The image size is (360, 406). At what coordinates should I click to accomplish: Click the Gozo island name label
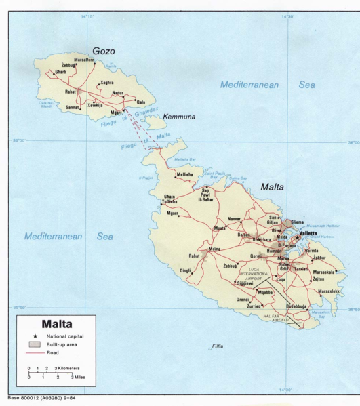(x=104, y=52)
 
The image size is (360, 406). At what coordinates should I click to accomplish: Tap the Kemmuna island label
(x=179, y=117)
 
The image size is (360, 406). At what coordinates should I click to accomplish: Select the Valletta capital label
(x=308, y=233)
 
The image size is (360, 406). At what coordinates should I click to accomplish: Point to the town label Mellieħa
(x=184, y=175)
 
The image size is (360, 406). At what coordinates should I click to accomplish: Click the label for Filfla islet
(x=217, y=346)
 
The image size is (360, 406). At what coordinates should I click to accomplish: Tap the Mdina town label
(x=215, y=249)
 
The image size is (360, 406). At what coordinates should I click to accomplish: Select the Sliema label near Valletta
(x=298, y=222)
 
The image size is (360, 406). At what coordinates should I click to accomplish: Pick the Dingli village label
(x=185, y=271)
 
